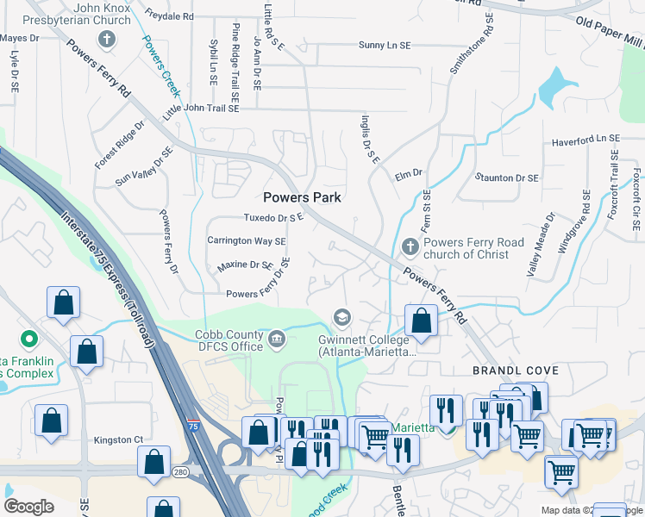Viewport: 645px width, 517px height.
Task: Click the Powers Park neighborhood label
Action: [x=302, y=197]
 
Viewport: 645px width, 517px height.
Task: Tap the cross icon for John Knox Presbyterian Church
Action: [x=107, y=39]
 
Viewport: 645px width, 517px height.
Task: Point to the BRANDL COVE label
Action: [x=516, y=371]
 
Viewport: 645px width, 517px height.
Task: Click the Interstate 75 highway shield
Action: [x=191, y=426]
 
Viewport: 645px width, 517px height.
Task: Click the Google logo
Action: [x=29, y=507]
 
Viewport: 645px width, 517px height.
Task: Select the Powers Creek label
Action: [x=162, y=65]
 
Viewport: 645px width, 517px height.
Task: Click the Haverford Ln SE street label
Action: [x=586, y=139]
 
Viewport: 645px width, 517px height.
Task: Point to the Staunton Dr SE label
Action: [x=506, y=178]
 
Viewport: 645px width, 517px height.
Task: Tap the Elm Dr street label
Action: [x=409, y=174]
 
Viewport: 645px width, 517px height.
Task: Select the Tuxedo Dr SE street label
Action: [x=274, y=218]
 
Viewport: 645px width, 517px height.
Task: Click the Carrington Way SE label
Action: [x=246, y=241]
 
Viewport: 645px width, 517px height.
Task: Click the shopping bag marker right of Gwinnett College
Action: [x=421, y=321]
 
